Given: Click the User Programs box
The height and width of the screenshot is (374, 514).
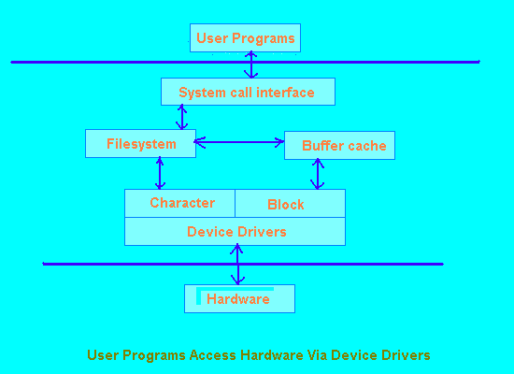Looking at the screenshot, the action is coord(245,37).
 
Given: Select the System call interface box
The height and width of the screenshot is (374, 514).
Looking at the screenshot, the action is coord(249,92).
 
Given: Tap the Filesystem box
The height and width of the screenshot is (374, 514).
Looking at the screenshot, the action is coord(140,143).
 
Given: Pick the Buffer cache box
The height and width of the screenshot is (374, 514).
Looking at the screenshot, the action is coord(339,145).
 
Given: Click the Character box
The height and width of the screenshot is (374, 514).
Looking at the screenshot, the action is coord(180,203).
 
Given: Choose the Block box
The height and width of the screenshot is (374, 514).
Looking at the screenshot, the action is coord(290,203).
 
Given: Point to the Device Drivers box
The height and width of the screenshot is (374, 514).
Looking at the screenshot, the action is coord(235,231).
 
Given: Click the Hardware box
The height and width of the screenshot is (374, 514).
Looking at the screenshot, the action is coord(239,298).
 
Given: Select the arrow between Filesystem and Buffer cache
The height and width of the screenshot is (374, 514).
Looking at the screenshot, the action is coord(239,142).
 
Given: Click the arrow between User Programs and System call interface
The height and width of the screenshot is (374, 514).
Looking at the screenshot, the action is coord(251,65).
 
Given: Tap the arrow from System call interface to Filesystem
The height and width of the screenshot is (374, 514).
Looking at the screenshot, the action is coord(182,117).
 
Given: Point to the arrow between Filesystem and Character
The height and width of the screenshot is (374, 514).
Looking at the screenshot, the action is coord(160,173).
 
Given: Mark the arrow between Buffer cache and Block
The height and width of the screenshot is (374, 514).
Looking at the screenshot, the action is coord(318,174).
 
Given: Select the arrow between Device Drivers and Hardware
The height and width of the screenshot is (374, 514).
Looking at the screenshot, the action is coord(237,265).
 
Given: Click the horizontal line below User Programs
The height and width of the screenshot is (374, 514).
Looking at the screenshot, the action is coord(246,62).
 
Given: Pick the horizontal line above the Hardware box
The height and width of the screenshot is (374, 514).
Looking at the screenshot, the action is coord(243,264).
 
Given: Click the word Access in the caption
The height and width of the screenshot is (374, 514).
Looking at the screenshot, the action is coord(213,355).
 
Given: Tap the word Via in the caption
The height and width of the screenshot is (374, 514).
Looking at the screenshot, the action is coord(317,355).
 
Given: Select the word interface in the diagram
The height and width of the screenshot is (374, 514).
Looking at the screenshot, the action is coord(285,93).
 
